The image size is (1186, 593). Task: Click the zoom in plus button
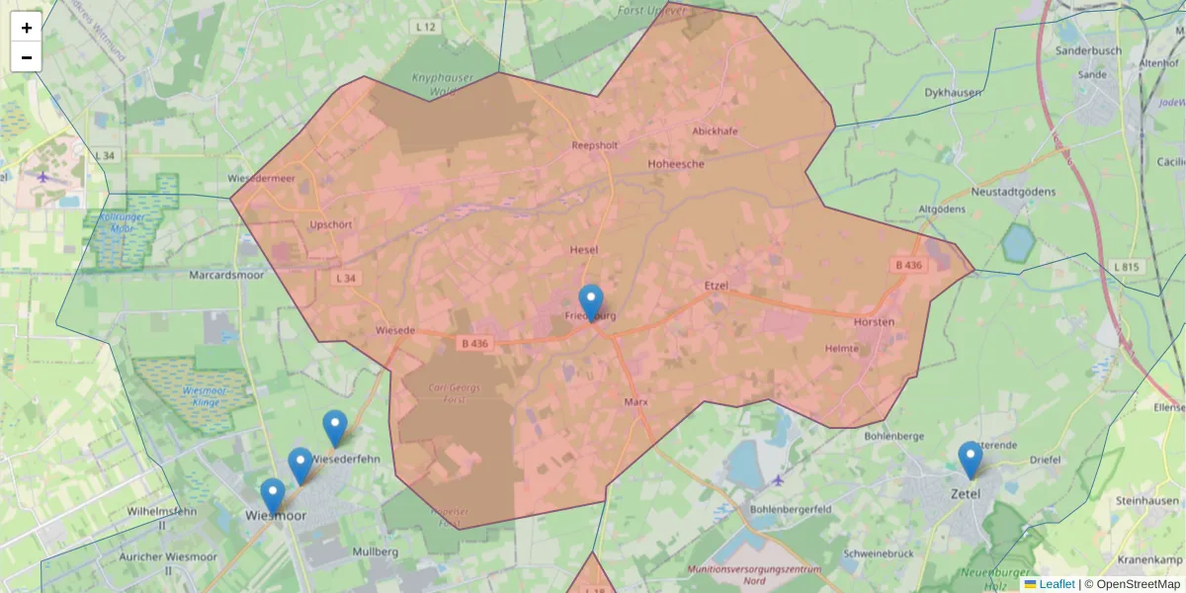click(x=27, y=28)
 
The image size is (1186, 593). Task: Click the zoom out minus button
click(x=27, y=57)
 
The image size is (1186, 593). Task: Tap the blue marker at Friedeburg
click(x=591, y=301)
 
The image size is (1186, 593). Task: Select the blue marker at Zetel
click(x=971, y=460)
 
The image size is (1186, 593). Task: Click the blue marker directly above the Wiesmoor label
click(x=273, y=495)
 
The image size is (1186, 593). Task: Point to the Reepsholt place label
click(x=594, y=145)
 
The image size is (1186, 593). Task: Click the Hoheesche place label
click(x=675, y=164)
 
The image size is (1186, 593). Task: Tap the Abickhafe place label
click(x=716, y=130)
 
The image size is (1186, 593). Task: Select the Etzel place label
click(x=716, y=286)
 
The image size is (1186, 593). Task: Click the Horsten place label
click(x=874, y=322)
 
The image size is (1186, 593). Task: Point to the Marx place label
click(x=635, y=402)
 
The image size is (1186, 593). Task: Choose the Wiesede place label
click(x=395, y=330)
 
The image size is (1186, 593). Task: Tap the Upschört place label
click(x=330, y=224)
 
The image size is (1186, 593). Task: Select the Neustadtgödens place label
click(x=1013, y=192)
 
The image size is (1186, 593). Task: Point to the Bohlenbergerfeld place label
click(x=791, y=509)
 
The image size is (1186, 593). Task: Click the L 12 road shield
click(x=426, y=27)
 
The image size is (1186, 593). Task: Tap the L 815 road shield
click(x=1126, y=267)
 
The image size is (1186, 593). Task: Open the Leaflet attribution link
click(x=1057, y=584)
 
